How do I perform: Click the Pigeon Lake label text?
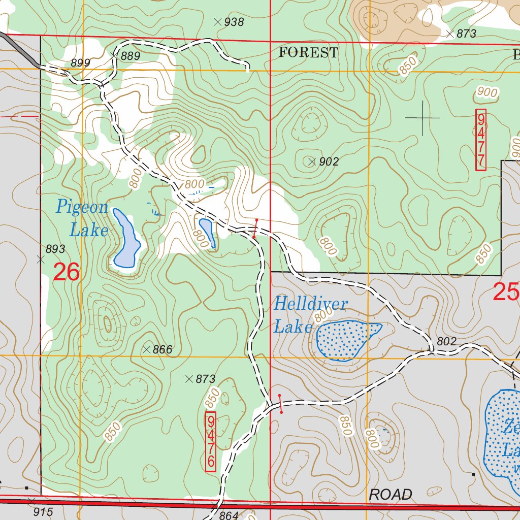[x=82, y=219]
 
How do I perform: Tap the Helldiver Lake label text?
[x=310, y=315]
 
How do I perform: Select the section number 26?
[x=67, y=273]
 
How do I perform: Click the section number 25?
[x=506, y=292]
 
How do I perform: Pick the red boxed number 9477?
[x=480, y=139]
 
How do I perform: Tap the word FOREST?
[x=308, y=52]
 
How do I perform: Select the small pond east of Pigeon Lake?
[x=207, y=232]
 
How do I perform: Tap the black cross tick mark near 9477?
[x=422, y=118]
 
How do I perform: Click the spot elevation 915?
[x=43, y=512]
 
